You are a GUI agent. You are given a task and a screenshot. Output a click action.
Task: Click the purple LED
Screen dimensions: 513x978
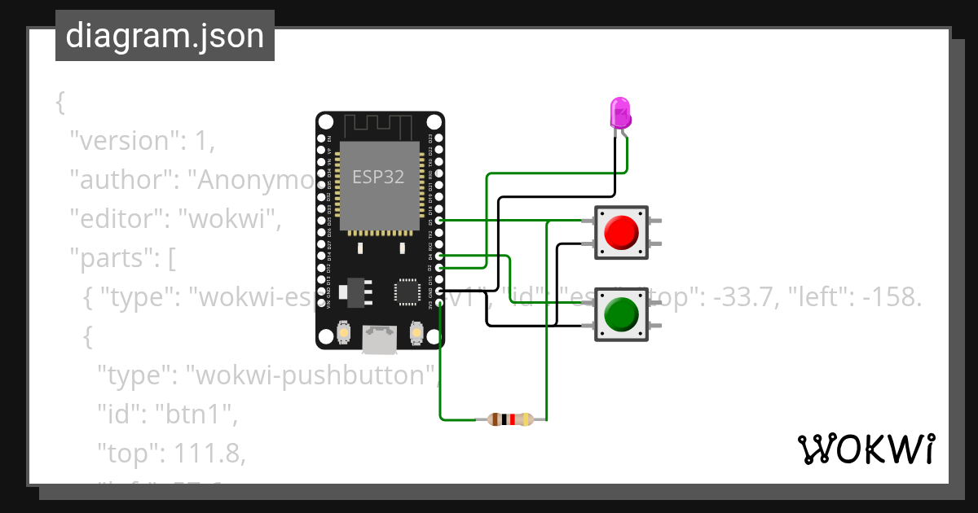(x=620, y=112)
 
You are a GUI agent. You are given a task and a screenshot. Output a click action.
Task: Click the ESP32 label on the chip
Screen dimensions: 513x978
(x=378, y=177)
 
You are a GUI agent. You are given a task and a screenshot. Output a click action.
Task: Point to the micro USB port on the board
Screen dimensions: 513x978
(x=380, y=340)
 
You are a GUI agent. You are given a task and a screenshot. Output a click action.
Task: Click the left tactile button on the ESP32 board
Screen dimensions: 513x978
(x=344, y=332)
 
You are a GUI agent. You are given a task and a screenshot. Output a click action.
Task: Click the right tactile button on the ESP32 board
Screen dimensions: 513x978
(x=416, y=332)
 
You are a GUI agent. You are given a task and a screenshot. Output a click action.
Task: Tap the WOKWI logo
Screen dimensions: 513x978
(x=866, y=449)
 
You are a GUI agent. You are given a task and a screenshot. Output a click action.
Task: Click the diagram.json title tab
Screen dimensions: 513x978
(x=165, y=36)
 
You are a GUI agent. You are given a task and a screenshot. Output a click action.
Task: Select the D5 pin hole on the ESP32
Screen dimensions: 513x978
(x=440, y=220)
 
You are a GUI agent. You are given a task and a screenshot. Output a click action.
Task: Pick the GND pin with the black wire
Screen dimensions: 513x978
(x=440, y=291)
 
